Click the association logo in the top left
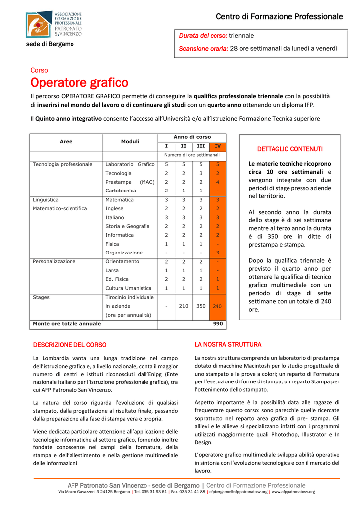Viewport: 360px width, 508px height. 54,24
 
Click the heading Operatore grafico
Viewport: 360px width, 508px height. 79,82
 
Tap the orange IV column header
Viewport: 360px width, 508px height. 217,146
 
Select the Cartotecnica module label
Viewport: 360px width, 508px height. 120,190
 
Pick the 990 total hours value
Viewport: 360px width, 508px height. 218,324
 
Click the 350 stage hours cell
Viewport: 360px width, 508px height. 201,306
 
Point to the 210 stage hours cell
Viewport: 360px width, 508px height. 184,306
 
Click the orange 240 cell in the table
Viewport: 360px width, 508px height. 217,306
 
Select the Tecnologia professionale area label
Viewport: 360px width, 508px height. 63,164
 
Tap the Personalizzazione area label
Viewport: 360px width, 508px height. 54,261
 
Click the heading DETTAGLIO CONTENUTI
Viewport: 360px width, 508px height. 290,149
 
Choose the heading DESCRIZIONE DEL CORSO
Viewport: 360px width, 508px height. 70,345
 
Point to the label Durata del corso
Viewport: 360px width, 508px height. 203,36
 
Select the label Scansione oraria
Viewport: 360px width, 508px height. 204,48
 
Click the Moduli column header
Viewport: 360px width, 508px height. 130,142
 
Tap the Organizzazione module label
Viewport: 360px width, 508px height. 124,253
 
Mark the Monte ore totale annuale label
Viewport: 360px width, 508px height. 67,324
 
